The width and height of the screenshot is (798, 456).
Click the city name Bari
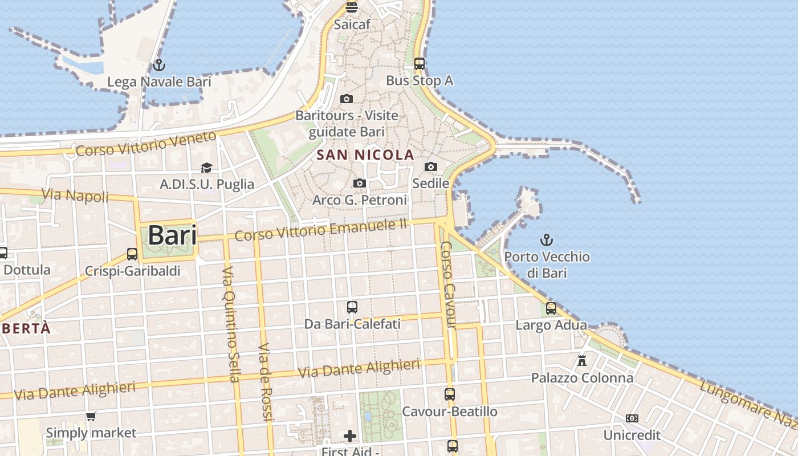click(172, 235)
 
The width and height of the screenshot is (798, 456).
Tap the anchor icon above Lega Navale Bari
click(159, 64)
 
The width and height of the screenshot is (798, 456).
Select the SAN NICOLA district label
click(365, 154)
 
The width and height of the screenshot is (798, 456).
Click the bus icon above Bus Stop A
click(420, 63)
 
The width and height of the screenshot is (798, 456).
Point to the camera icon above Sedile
click(431, 166)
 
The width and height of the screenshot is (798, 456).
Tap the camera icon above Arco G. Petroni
click(359, 183)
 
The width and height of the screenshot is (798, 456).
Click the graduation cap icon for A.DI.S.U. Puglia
click(206, 168)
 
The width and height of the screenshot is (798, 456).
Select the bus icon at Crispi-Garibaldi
click(132, 254)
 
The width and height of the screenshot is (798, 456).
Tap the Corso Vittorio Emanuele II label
click(321, 229)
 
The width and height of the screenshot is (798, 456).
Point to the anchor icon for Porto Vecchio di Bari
click(547, 239)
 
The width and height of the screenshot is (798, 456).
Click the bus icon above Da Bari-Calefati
click(352, 307)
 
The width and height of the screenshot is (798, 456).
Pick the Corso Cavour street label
click(448, 285)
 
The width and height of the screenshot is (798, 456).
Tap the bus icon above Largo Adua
click(551, 308)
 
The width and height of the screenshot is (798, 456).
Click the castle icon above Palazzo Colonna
click(582, 361)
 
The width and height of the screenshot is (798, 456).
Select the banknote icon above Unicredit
click(632, 418)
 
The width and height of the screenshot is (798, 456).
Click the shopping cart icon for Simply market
click(91, 416)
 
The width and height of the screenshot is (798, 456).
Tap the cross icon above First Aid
click(350, 436)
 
